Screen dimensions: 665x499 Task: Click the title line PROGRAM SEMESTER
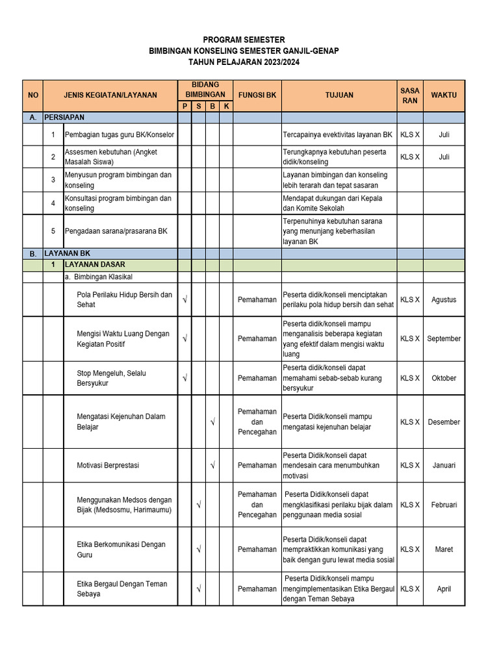click(244, 40)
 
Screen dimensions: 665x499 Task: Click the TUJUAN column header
click(339, 95)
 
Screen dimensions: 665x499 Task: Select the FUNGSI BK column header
click(257, 95)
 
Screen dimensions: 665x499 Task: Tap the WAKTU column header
click(444, 95)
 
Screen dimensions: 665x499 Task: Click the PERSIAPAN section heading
click(64, 118)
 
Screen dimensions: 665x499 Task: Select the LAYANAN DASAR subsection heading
click(94, 265)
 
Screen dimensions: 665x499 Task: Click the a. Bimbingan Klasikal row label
click(98, 277)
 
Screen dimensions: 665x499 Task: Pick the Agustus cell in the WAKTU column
click(444, 300)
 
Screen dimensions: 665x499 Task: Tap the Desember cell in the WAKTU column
click(444, 422)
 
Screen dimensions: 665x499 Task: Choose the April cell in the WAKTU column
click(444, 589)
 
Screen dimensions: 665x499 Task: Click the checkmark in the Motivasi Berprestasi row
click(212, 466)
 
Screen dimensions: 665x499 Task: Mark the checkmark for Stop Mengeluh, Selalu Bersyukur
click(185, 378)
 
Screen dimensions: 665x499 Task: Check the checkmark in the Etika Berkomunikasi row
click(198, 549)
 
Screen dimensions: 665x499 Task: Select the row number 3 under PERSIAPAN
click(53, 180)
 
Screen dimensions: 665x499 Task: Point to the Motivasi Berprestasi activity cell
click(108, 466)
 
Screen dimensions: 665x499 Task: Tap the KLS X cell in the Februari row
click(410, 505)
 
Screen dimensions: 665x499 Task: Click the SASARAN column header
click(410, 95)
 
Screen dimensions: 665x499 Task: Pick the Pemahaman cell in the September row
click(257, 338)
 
